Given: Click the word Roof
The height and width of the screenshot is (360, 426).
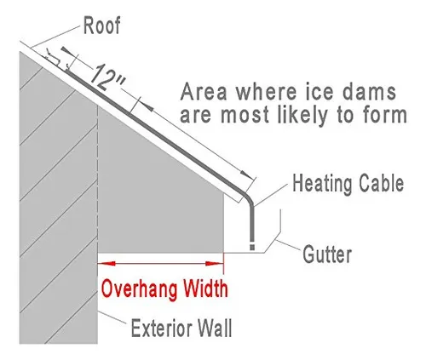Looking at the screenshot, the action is (102, 26).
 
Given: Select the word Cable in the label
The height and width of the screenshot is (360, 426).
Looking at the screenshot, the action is (381, 183).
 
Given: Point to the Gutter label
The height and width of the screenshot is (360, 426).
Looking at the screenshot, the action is (327, 254).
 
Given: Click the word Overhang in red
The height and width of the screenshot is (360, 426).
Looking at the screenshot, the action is (139, 289).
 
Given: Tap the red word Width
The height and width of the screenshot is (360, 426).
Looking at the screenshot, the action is (204, 289).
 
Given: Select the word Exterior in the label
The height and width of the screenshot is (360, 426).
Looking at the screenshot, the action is (161, 329).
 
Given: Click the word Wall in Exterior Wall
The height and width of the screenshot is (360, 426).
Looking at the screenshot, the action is (215, 328).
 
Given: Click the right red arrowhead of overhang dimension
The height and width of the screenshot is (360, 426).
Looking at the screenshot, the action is (215, 264).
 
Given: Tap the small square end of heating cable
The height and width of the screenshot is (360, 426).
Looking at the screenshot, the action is (252, 247).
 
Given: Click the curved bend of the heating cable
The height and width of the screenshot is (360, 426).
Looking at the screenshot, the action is (248, 197).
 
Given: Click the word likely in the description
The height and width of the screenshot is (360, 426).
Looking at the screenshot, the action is (302, 117).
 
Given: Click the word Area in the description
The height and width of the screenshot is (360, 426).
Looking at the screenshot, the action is (204, 92).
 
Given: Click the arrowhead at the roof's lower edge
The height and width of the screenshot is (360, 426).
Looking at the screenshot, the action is (246, 174).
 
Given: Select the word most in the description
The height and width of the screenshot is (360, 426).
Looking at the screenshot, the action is (245, 116).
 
